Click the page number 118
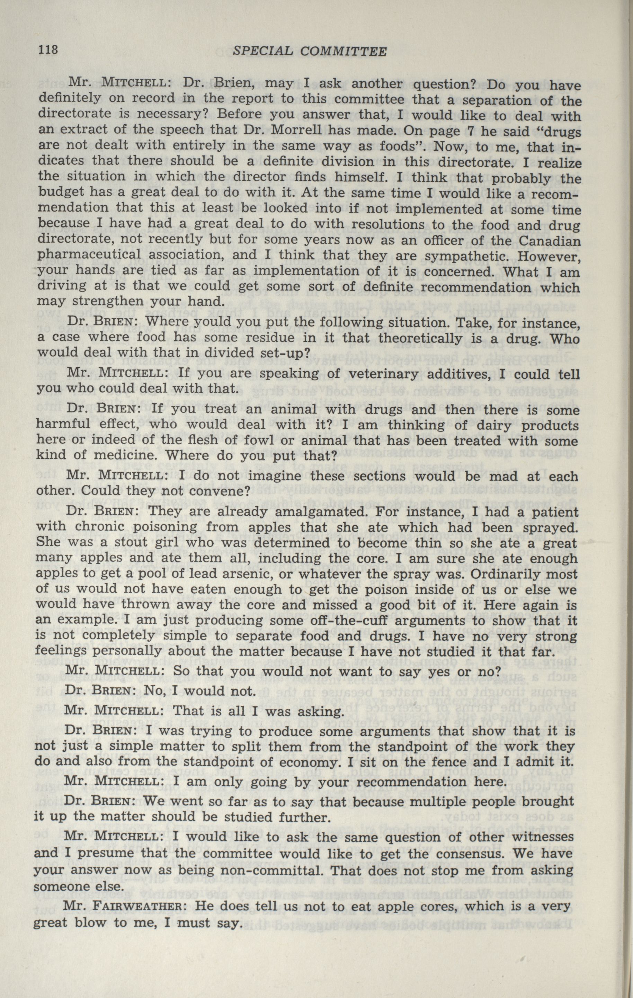(49, 51)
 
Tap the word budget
(61, 194)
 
